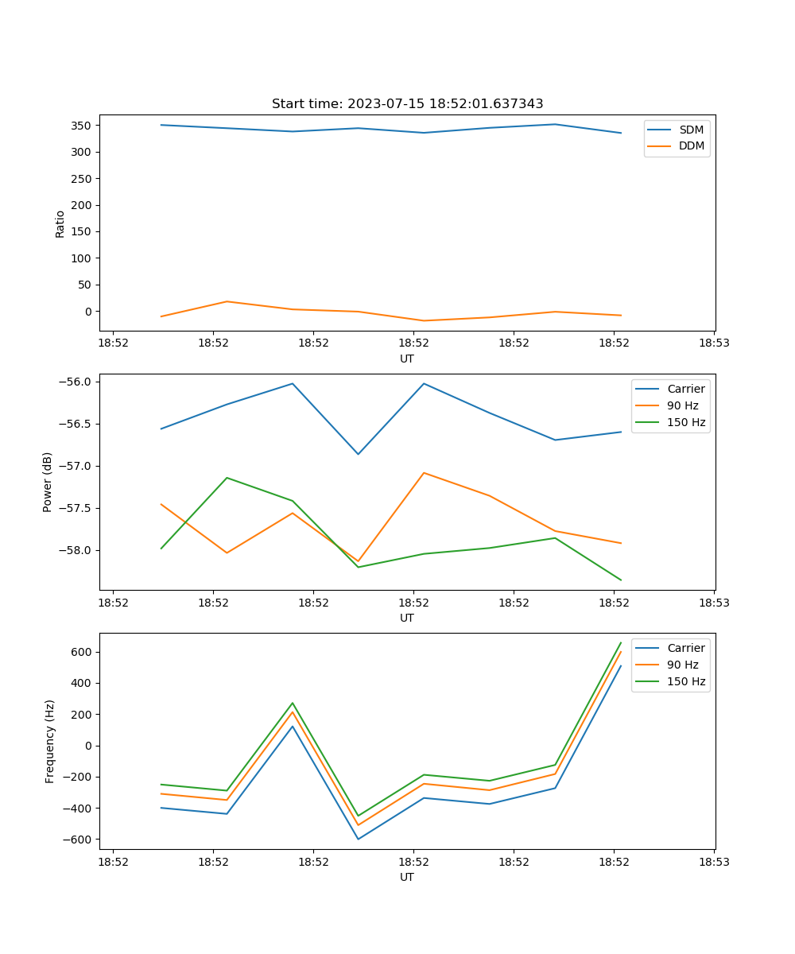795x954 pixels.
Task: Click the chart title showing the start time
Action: point(407,104)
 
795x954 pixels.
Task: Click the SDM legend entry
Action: point(691,130)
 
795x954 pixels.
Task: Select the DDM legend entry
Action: point(691,145)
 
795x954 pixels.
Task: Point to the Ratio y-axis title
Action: point(60,223)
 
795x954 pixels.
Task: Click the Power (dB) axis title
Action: point(48,482)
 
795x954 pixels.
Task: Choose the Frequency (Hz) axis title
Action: point(49,741)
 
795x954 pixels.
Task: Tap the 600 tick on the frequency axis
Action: point(83,652)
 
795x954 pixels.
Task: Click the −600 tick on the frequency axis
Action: point(79,840)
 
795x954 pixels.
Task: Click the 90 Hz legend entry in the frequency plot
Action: point(682,665)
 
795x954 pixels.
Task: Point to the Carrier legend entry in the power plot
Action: point(685,389)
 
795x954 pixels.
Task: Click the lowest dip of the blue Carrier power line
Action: point(358,454)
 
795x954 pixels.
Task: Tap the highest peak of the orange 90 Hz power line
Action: point(424,472)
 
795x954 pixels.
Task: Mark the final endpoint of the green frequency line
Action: point(621,642)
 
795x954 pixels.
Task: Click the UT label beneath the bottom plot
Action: point(407,877)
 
